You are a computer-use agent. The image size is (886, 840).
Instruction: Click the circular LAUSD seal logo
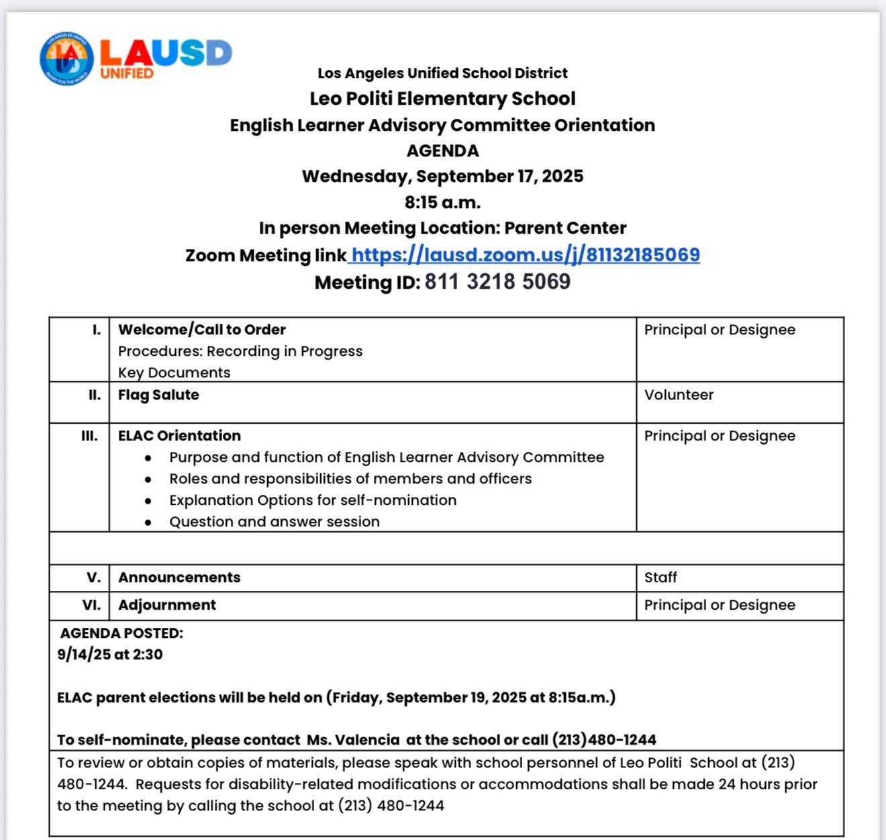66,58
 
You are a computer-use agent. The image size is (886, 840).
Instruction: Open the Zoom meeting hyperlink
525,255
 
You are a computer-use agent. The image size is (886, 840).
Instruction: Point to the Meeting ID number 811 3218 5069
497,282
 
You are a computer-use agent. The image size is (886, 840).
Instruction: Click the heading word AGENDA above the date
442,151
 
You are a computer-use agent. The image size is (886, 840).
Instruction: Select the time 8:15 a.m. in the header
442,202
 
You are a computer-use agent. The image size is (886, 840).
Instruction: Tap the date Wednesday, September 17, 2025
442,177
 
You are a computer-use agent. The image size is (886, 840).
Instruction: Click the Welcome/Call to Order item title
202,330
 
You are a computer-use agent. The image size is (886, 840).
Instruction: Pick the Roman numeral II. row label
95,395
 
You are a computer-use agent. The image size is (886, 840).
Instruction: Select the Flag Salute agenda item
158,395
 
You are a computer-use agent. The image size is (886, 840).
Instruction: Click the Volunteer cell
679,395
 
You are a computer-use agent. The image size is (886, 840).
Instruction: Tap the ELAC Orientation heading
179,436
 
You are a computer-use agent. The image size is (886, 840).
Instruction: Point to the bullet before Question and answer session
148,522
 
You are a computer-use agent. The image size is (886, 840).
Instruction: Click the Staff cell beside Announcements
660,577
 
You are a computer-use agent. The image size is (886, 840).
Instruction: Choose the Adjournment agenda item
167,605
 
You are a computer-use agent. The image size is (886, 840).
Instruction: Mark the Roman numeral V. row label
94,577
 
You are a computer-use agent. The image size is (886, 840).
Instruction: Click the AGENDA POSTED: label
121,633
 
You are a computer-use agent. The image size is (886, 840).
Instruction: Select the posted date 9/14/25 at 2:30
110,655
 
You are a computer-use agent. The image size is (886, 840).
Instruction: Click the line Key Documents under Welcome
175,373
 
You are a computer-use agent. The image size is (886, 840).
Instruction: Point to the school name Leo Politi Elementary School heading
442,99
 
